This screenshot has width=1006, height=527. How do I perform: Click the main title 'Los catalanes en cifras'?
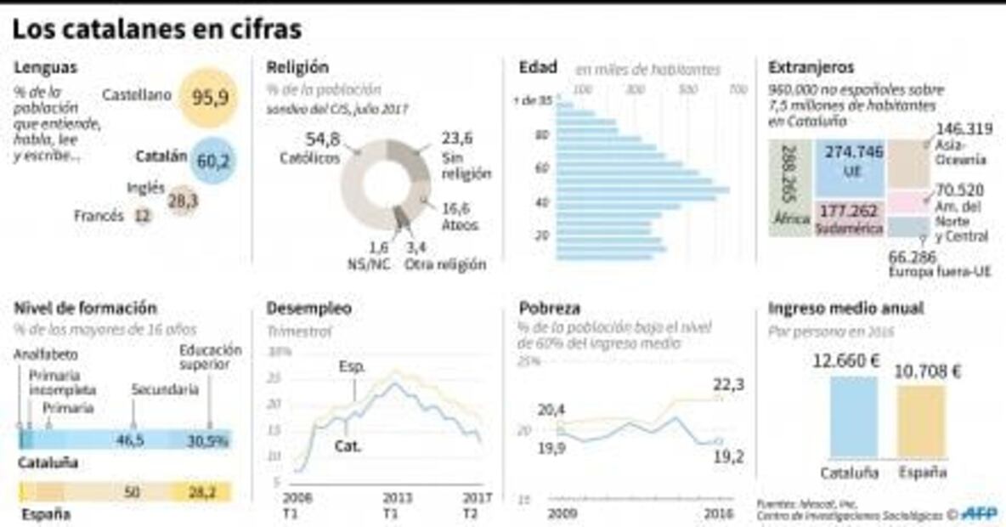[x=157, y=31]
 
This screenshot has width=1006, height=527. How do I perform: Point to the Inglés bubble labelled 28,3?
[x=182, y=201]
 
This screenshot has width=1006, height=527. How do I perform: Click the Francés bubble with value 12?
[x=143, y=217]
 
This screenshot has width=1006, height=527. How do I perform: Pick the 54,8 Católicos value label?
[x=322, y=139]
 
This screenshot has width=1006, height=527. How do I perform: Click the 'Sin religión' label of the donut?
[x=466, y=166]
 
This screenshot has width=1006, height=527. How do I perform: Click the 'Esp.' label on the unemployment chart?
[x=351, y=368]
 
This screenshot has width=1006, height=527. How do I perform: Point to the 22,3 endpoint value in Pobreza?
[x=728, y=385]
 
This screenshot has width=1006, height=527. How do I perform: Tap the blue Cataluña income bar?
[x=854, y=416]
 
